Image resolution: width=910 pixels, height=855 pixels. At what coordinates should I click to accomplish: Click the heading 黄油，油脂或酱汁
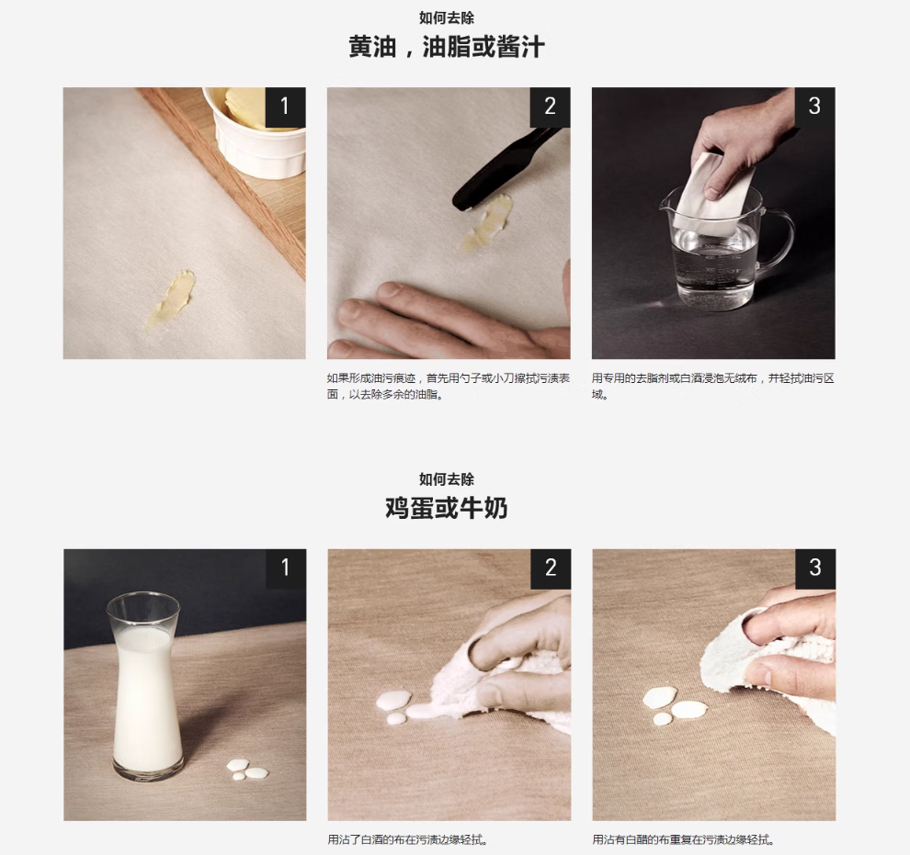(x=447, y=47)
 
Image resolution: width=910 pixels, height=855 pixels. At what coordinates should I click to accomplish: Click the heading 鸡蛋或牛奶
(x=447, y=508)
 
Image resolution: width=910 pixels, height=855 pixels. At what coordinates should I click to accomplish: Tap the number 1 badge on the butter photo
(x=285, y=107)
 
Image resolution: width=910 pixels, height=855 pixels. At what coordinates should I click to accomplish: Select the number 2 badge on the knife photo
(x=551, y=107)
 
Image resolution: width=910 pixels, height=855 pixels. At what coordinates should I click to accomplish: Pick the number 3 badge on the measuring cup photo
(x=814, y=107)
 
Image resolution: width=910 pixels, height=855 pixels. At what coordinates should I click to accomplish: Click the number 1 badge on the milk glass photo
(x=286, y=568)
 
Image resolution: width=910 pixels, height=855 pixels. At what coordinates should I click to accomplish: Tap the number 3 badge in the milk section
(x=815, y=568)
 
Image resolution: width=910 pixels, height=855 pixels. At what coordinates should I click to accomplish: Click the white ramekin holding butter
(x=256, y=132)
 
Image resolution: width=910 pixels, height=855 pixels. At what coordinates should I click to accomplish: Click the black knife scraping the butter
(x=504, y=168)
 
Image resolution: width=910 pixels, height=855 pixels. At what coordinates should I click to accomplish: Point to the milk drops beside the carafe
(x=246, y=770)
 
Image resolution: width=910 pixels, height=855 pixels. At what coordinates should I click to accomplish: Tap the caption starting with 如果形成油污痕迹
(x=448, y=386)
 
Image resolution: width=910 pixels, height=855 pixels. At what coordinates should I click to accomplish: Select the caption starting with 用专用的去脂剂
(x=712, y=386)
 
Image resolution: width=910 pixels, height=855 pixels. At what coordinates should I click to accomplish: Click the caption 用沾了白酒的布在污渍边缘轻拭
(x=408, y=839)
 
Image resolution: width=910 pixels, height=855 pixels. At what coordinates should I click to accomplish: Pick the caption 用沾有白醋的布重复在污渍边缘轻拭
(x=684, y=839)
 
